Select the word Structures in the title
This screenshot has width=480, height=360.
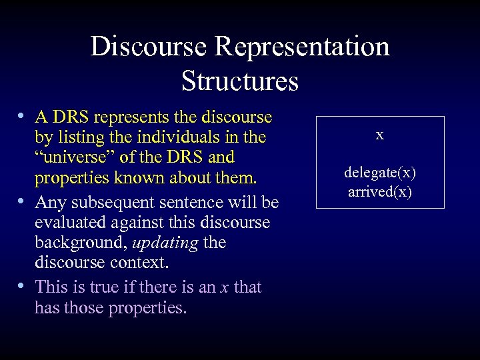pos(239,81)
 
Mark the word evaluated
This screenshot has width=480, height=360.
pos(70,222)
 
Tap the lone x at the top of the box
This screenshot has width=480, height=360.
pos(379,135)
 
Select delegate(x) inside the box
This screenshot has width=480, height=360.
pos(379,173)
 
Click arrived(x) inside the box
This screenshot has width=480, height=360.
pos(379,192)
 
